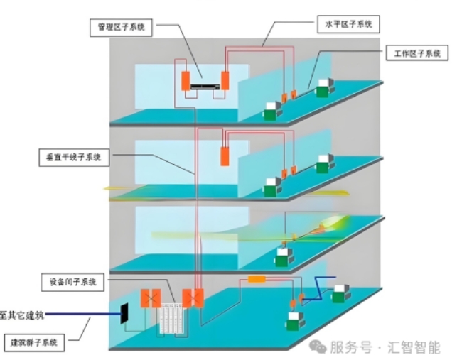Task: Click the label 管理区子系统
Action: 121,27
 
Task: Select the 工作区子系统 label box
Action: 416,53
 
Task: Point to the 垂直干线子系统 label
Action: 73,157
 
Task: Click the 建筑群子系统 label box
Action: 35,343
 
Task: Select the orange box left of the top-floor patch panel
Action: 185,80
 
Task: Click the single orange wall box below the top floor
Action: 225,156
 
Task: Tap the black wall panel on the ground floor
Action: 125,313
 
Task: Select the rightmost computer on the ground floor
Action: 343,290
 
